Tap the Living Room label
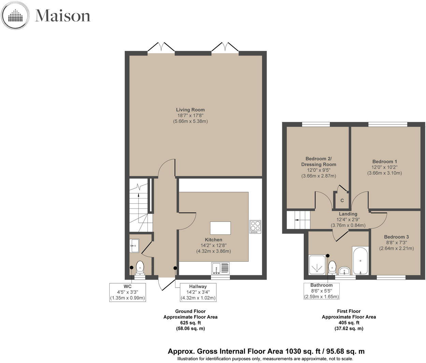pos(190,110)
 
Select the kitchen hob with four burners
pos(255,227)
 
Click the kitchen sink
pos(220,268)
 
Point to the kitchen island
pos(220,228)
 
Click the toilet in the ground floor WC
pos(140,268)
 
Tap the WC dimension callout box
pos(128,292)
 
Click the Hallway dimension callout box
pos(198,292)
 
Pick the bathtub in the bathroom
pos(360,261)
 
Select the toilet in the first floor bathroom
pos(332,267)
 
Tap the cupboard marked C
pos(342,200)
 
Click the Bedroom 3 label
pos(396,237)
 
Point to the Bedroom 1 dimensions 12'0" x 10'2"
pos(385,167)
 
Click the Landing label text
pos(348,214)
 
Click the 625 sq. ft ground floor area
pos(190,322)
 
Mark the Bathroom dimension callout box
pos(321,291)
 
